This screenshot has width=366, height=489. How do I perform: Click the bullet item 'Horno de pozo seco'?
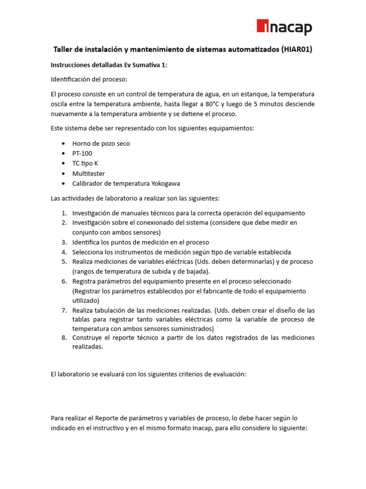click(x=101, y=143)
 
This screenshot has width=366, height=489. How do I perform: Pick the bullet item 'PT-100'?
click(x=82, y=153)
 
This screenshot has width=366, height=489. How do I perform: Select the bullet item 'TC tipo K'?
click(x=85, y=163)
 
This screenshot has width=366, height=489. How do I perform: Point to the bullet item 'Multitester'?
click(x=89, y=173)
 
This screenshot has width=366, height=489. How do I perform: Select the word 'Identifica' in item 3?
click(x=87, y=242)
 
